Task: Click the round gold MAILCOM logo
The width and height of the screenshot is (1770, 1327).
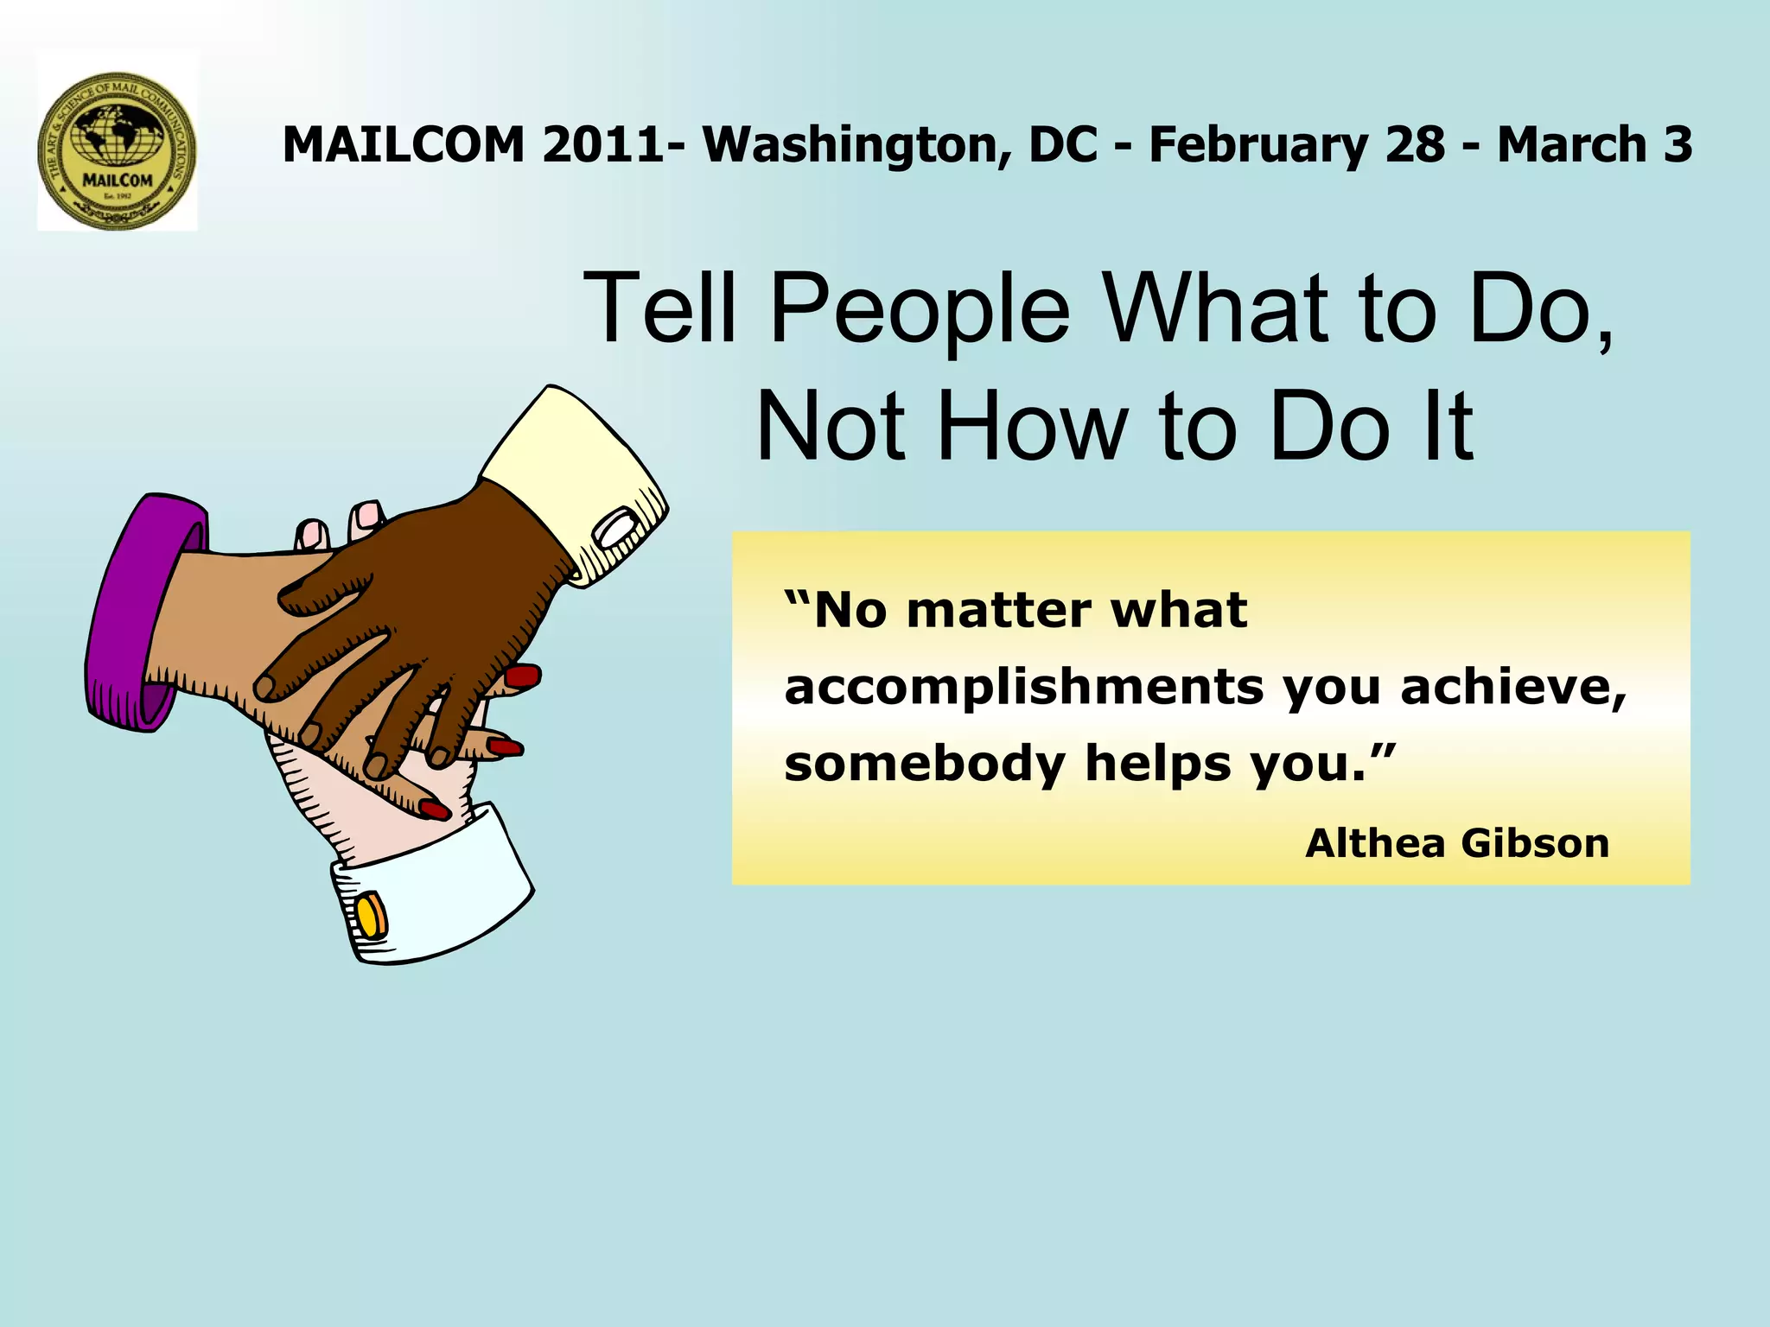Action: [118, 150]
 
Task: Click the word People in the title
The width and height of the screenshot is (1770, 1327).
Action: [920, 308]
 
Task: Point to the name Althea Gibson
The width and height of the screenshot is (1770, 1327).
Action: [1457, 843]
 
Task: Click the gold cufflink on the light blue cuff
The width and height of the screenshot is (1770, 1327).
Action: [372, 917]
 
